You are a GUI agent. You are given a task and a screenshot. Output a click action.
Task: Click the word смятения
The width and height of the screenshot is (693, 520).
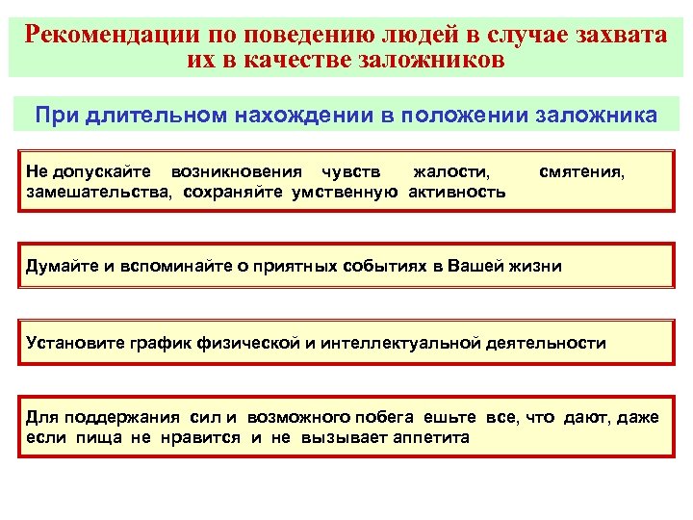[581, 172]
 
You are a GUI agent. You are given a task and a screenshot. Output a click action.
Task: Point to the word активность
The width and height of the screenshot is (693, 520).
[456, 191]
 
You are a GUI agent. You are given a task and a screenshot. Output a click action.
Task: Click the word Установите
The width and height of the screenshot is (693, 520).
[70, 343]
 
